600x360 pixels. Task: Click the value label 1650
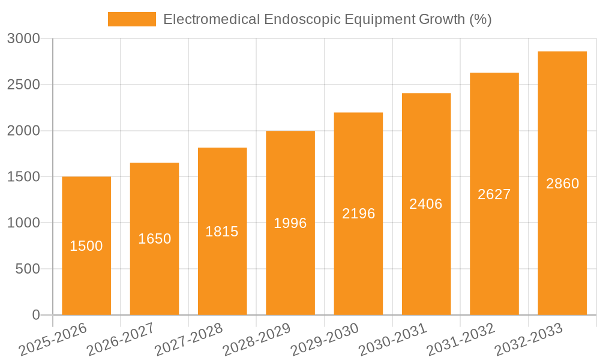(x=154, y=239)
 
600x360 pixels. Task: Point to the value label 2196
(x=358, y=214)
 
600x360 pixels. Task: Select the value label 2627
(x=494, y=194)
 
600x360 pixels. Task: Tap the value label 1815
(x=222, y=232)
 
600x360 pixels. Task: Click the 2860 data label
(x=562, y=184)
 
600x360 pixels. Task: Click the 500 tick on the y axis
(x=28, y=269)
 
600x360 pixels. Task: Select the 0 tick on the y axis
(x=35, y=316)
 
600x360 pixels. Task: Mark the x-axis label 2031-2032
(x=461, y=340)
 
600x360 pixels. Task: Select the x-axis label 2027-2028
(x=189, y=340)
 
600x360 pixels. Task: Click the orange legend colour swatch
(x=131, y=19)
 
